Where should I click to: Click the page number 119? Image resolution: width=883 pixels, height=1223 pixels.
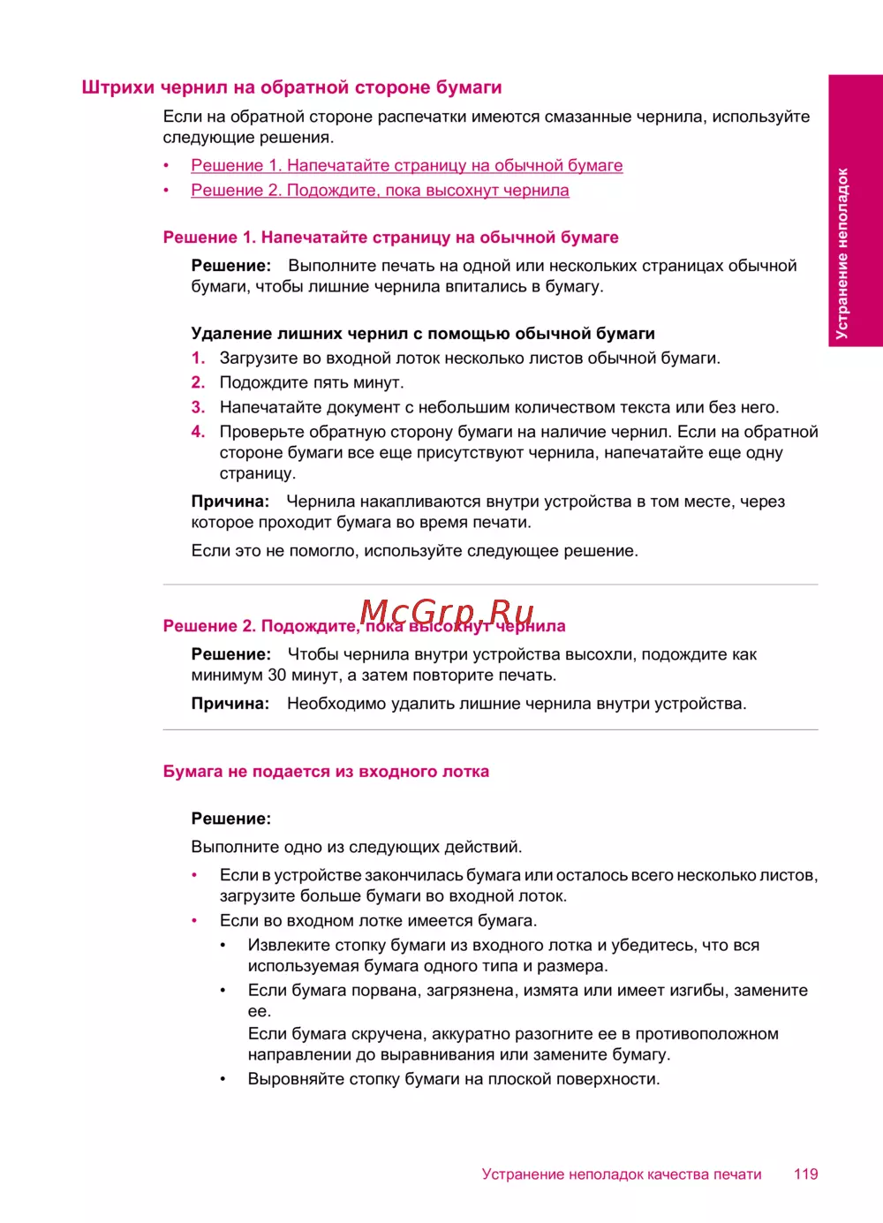tap(805, 1174)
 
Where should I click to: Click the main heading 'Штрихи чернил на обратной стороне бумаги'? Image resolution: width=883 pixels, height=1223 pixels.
tap(291, 87)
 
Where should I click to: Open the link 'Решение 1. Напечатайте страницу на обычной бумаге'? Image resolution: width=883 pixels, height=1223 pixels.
tap(406, 165)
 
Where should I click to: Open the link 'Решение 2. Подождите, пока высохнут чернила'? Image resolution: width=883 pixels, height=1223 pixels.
tap(380, 190)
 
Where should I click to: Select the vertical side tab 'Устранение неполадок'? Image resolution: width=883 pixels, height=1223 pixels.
tap(842, 253)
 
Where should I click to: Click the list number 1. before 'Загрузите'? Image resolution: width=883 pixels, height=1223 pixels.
tap(199, 358)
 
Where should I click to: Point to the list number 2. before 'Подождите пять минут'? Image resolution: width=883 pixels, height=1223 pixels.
tap(199, 382)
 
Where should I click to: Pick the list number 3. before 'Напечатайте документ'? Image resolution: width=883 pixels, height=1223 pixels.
tap(199, 407)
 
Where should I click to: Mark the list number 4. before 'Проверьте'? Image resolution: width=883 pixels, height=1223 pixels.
tap(199, 432)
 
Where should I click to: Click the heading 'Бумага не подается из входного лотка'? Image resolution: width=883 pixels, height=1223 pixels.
tap(326, 771)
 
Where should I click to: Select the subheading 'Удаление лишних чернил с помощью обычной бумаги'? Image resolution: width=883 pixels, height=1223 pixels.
tap(423, 333)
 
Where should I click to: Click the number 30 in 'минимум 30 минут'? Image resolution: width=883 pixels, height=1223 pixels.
tap(276, 675)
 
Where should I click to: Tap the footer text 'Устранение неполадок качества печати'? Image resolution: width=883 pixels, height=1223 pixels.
tap(622, 1174)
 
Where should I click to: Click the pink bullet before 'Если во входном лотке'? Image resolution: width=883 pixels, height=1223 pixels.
tap(194, 920)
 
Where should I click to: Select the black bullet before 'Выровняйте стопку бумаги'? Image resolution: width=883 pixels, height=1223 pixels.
tap(223, 1078)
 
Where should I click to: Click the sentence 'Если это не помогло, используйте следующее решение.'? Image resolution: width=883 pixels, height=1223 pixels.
tap(414, 550)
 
